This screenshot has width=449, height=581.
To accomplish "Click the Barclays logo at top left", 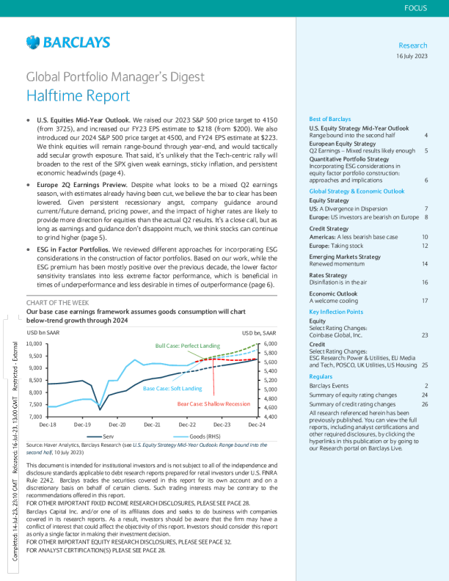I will [67, 42].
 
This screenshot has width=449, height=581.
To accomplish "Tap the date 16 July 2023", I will [412, 56].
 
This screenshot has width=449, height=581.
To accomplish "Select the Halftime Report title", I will [79, 95].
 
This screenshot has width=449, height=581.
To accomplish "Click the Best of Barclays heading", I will [330, 119].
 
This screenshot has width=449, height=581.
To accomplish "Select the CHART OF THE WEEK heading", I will [58, 303].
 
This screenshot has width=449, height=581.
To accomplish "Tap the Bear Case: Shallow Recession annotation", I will [213, 403].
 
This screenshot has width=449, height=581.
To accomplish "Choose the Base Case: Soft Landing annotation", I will [172, 387].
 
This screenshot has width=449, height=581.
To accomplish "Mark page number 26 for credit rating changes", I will [425, 404].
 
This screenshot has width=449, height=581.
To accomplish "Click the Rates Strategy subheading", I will [328, 274].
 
